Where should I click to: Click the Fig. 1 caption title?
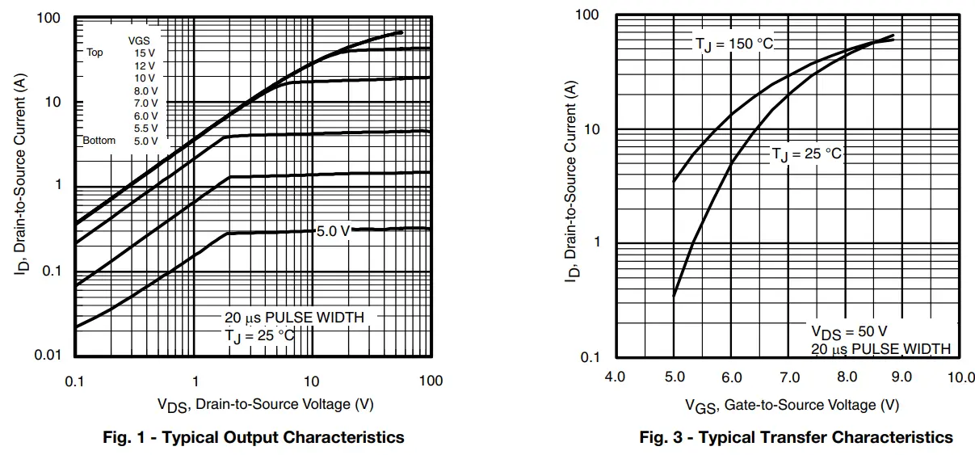click(254, 437)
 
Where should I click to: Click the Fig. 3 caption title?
click(796, 437)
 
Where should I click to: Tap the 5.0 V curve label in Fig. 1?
click(333, 231)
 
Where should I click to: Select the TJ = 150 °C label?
click(734, 44)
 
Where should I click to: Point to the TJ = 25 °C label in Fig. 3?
click(806, 154)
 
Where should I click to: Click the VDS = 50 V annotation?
click(849, 331)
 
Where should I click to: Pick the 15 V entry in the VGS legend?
click(145, 53)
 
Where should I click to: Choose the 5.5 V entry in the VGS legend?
click(145, 128)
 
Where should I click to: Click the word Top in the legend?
click(95, 53)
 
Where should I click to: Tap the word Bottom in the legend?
click(99, 141)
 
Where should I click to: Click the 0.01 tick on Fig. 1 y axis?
click(49, 356)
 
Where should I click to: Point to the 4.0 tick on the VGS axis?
click(616, 377)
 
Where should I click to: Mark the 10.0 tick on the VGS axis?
click(960, 377)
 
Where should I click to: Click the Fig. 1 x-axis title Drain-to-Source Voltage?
click(265, 404)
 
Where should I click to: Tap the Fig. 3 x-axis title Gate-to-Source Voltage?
click(792, 404)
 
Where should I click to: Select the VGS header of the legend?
click(138, 40)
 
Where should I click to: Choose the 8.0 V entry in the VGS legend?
click(145, 91)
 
